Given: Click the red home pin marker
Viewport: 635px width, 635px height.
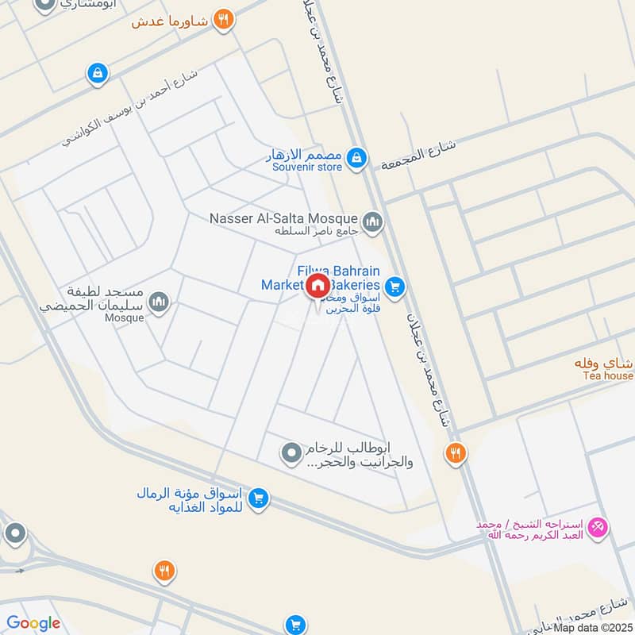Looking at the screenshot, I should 317,286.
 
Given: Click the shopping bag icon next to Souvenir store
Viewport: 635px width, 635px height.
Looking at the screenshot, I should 358,156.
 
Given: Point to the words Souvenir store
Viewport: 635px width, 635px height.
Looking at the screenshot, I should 307,167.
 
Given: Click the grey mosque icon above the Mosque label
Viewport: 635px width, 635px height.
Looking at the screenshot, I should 160,302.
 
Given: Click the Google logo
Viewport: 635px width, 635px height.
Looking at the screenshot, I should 33,623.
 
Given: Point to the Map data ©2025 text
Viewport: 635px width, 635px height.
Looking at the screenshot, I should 593,627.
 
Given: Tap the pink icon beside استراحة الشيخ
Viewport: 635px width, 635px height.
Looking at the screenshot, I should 599,525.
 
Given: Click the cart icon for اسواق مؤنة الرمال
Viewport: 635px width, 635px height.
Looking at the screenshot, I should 257,498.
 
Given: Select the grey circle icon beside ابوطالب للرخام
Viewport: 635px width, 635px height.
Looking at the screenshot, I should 291,453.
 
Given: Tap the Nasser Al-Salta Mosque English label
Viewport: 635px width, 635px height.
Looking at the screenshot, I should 283,217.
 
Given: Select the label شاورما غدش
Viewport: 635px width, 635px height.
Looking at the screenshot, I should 171,21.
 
